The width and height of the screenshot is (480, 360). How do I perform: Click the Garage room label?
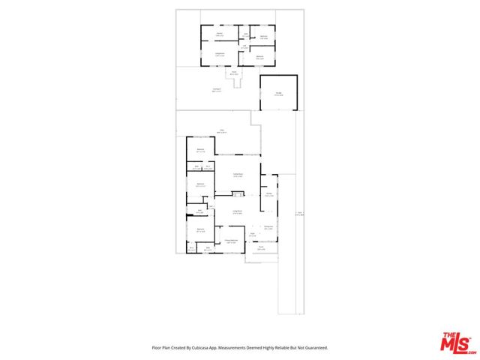pyautogui.click(x=278, y=94)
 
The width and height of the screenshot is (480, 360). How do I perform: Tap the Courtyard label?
pyautogui.click(x=216, y=90)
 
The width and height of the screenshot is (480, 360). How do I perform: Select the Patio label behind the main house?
pyautogui.click(x=222, y=131)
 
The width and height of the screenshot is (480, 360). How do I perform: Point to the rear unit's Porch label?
pyautogui.click(x=234, y=73)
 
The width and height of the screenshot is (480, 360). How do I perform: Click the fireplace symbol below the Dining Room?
pyautogui.click(x=238, y=195)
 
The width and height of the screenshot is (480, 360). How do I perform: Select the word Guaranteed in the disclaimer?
pyautogui.click(x=314, y=348)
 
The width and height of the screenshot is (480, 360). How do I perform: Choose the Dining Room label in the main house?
pyautogui.click(x=237, y=175)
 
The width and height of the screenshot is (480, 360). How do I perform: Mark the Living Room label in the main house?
pyautogui.click(x=236, y=213)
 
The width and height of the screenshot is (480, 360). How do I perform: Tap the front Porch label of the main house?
pyautogui.click(x=261, y=248)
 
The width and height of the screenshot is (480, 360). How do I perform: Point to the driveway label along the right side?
pyautogui.click(x=298, y=214)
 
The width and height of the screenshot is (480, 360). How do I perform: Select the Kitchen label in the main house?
pyautogui.click(x=268, y=195)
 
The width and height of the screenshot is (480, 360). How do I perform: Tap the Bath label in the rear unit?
pyautogui.click(x=244, y=49)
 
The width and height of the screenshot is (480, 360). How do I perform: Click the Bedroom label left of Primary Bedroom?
pyautogui.click(x=201, y=230)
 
